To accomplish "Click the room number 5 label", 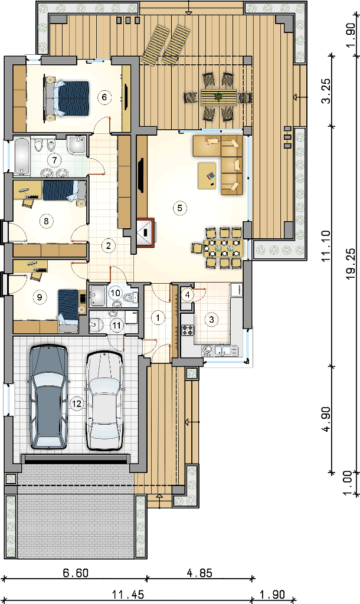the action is pos(179,208).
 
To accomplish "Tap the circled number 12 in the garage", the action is pos(77,403).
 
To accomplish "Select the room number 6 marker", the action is pos(104,97).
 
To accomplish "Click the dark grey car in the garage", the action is pos(48,397).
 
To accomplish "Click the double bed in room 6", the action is pos(67,98).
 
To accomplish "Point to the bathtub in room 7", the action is pos(22,156).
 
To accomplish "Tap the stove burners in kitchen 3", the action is pos(188,330).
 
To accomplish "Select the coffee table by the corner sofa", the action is pos(207,176).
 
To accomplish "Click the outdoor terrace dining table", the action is pos(218,97).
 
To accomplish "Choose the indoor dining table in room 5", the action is pos(222,248).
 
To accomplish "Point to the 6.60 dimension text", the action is pos(76,573).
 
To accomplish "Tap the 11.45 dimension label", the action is pos(128,595).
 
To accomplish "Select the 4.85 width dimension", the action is pos(199,573).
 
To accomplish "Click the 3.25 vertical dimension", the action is pos(326,91).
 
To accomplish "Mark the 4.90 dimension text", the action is pos(326,419).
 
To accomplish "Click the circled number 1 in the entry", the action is pos(158,317).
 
